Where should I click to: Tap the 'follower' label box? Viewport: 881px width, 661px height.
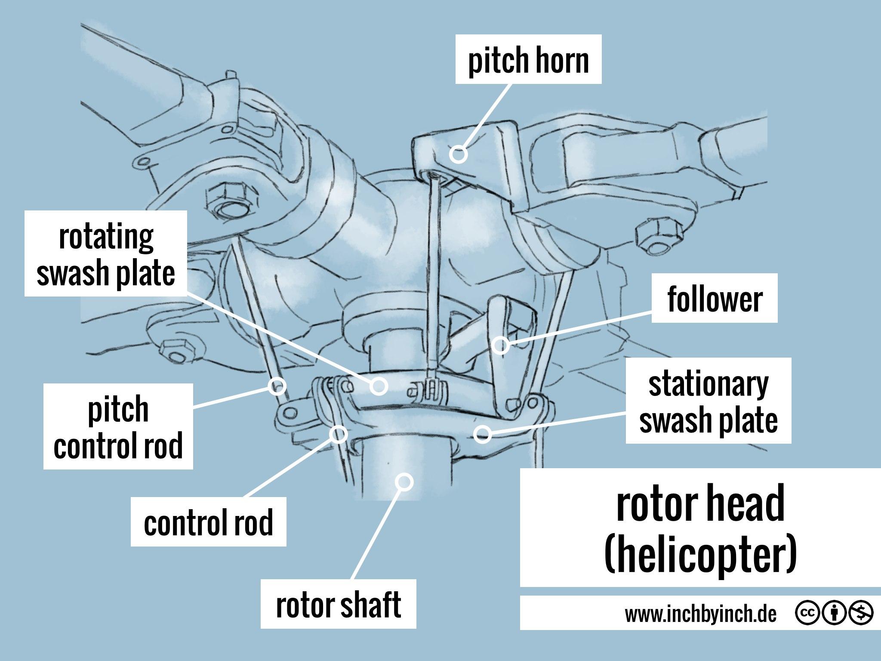715,298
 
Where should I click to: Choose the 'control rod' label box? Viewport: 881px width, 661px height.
208,522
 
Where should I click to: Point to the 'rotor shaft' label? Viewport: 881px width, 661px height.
338,604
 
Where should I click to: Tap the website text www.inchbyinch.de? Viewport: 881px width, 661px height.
701,615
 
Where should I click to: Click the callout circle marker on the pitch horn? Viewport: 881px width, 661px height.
459,154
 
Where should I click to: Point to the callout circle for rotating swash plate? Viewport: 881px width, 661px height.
379,386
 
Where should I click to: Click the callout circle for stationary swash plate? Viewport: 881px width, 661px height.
482,434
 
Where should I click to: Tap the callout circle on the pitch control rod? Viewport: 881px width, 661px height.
277,386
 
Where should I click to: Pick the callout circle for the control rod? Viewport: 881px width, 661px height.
339,434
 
